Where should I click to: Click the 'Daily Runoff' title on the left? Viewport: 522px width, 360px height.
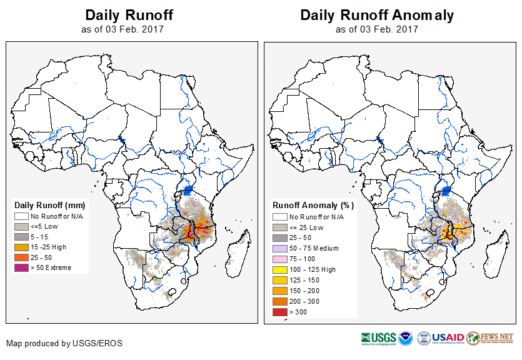129,15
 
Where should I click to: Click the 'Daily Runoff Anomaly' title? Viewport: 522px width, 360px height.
377,15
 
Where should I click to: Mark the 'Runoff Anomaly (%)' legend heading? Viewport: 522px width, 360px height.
313,205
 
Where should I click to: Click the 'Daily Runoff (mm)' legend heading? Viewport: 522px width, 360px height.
50,205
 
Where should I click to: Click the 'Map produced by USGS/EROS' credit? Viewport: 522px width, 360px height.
64,343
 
